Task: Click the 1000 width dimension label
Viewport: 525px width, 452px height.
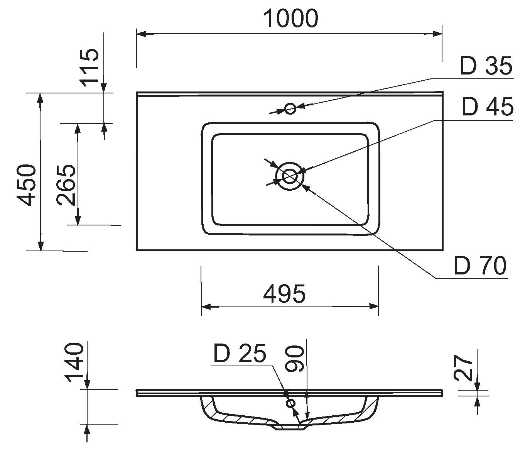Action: [x=291, y=19]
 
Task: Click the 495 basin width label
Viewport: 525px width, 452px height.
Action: [x=284, y=294]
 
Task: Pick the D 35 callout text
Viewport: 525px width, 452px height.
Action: [x=486, y=66]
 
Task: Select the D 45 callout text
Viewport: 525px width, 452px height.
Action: [x=488, y=107]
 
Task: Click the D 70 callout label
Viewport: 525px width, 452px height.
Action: [x=480, y=266]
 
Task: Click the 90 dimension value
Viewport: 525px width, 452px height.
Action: [x=295, y=359]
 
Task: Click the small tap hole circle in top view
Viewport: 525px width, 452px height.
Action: [x=290, y=108]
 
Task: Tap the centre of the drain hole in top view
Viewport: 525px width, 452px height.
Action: [x=290, y=176]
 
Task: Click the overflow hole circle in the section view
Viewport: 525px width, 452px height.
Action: [x=291, y=403]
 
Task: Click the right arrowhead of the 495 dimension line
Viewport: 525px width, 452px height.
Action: [x=374, y=306]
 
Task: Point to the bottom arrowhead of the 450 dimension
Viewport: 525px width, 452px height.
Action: [x=41, y=246]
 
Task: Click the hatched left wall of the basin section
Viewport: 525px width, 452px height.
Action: [x=208, y=407]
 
